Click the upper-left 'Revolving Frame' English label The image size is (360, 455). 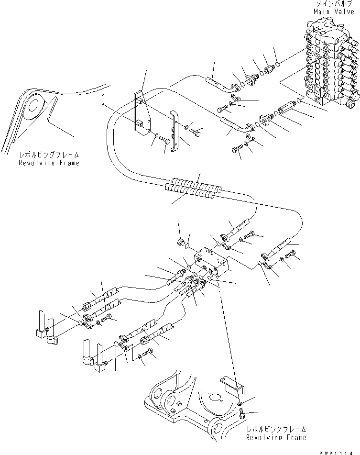[x=49, y=163]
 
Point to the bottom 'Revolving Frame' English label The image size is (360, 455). [x=277, y=437]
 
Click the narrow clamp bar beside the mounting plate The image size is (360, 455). [x=175, y=131]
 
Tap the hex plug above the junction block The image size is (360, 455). [x=181, y=243]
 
